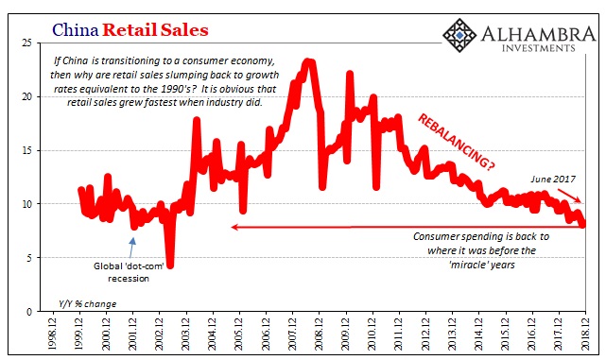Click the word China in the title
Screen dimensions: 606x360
coord(76,29)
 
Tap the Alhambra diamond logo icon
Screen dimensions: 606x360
coord(459,35)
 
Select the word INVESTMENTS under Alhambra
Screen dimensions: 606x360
coord(538,48)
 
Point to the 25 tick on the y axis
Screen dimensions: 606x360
coord(26,43)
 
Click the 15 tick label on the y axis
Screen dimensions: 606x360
coord(26,150)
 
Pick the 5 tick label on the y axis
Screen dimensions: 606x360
coord(29,258)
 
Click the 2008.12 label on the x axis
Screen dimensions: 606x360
coord(319,334)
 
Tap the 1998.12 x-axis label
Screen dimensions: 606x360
coord(52,334)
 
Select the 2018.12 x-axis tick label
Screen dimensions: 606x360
coord(585,334)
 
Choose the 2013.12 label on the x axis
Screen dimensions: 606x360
coord(452,334)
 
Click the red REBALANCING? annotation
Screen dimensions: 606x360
coord(456,142)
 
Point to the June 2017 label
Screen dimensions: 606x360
coord(553,180)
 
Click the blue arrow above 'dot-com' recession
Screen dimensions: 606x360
coord(131,248)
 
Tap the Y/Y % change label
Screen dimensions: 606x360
coord(87,304)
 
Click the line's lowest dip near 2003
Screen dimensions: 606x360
coord(170,265)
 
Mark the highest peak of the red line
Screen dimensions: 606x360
coord(308,61)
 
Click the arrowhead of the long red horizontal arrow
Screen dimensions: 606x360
coord(234,227)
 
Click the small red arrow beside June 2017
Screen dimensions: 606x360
coord(569,196)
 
